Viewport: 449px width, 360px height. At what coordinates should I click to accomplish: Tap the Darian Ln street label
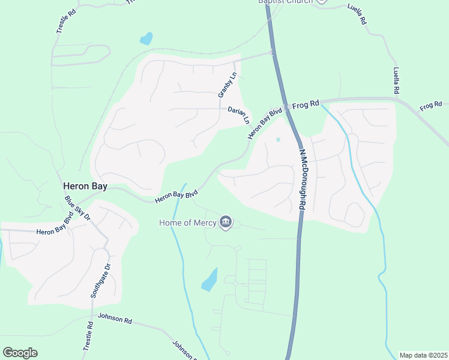pyautogui.click(x=238, y=114)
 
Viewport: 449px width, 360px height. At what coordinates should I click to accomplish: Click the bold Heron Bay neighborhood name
pyautogui.click(x=85, y=187)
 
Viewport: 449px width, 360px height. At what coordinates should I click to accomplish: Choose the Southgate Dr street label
pyautogui.click(x=100, y=280)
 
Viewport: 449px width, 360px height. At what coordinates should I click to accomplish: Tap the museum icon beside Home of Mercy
pyautogui.click(x=226, y=223)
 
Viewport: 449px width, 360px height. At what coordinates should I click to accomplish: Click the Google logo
pyautogui.click(x=20, y=353)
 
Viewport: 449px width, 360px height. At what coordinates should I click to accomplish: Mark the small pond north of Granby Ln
pyautogui.click(x=146, y=40)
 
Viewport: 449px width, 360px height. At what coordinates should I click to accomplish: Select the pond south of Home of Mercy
pyautogui.click(x=209, y=279)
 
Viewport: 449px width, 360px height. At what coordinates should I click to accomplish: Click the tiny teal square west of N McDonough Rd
pyautogui.click(x=277, y=140)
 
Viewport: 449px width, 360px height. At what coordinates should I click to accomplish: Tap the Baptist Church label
pyautogui.click(x=286, y=2)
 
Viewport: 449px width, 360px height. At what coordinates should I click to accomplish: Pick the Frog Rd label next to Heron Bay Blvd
pyautogui.click(x=306, y=104)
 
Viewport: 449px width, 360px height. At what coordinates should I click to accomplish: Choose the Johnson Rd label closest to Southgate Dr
pyautogui.click(x=114, y=319)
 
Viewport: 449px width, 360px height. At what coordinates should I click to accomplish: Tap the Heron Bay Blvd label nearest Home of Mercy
pyautogui.click(x=176, y=196)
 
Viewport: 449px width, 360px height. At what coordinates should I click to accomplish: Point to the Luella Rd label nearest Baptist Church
pyautogui.click(x=357, y=13)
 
